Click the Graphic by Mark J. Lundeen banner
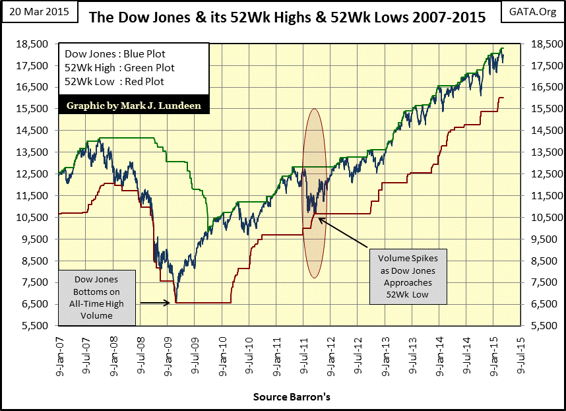pos(135,104)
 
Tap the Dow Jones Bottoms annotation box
pos(97,298)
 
